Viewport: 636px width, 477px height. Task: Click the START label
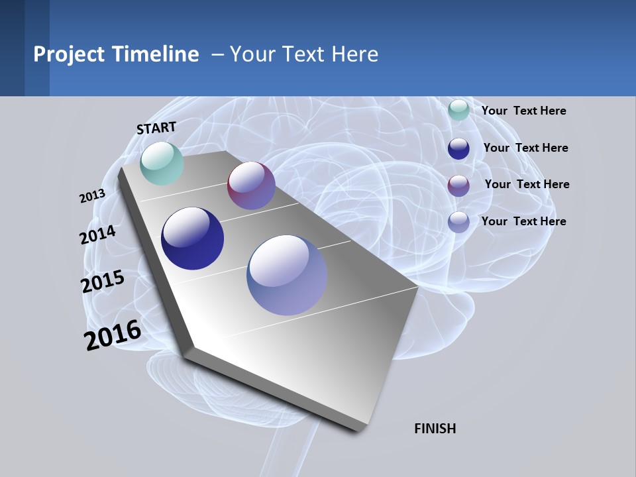[156, 128]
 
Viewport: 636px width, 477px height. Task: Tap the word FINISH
[435, 429]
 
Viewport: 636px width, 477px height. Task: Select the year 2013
[93, 196]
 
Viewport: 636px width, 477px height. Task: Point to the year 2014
[98, 235]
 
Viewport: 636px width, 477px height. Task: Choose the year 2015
[103, 282]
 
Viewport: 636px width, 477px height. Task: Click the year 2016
[113, 335]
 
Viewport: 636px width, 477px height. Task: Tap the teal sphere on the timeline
[162, 164]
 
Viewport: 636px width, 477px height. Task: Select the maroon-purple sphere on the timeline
[251, 185]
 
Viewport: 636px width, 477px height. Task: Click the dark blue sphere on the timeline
[192, 238]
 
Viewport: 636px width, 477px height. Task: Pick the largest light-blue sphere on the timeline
[287, 275]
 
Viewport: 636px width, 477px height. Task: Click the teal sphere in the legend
[458, 111]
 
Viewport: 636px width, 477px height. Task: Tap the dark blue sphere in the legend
[458, 148]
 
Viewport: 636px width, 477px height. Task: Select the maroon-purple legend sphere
[458, 185]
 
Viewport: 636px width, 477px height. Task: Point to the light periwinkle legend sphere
[458, 222]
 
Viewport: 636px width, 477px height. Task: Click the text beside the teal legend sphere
[523, 111]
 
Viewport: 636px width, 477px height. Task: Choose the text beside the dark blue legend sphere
[525, 148]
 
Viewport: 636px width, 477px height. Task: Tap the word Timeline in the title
[156, 54]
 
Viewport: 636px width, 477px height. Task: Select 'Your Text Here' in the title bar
[304, 54]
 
